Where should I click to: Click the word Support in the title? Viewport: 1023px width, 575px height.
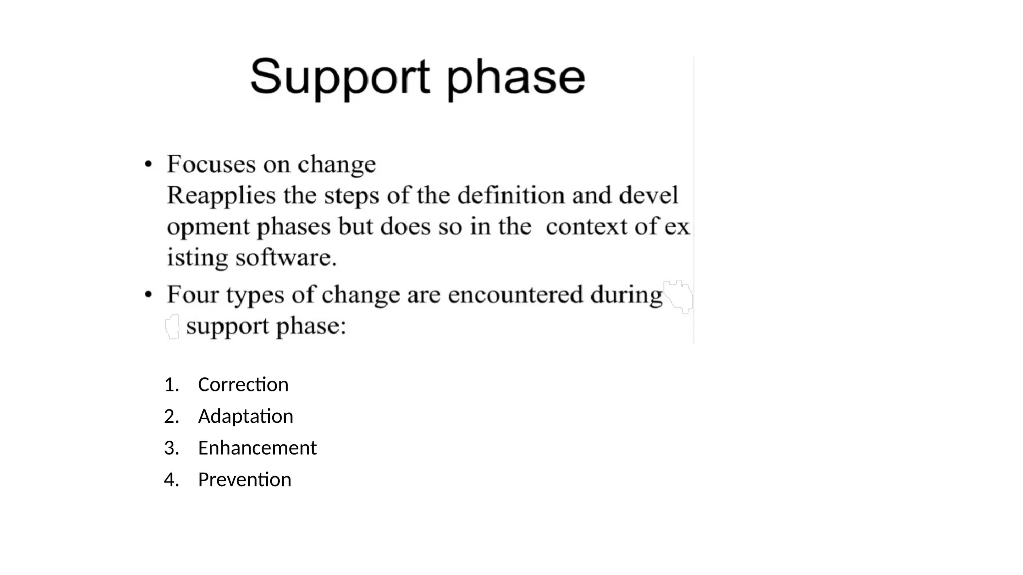tap(340, 77)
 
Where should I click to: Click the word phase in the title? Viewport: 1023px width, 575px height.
tap(515, 78)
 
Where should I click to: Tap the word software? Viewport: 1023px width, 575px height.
tap(286, 258)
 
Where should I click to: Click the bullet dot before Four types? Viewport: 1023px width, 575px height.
tap(148, 295)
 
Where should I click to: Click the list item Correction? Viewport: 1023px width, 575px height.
tap(243, 385)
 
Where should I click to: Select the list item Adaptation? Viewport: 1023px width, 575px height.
tap(245, 416)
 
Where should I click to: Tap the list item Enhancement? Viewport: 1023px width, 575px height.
tap(257, 448)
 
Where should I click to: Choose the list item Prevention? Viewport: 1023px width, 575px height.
tap(244, 480)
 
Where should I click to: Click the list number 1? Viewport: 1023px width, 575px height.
tap(171, 385)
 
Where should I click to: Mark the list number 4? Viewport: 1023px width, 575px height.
tap(171, 480)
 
